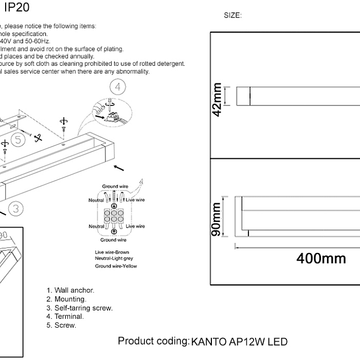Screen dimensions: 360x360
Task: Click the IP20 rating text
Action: (x=16, y=7)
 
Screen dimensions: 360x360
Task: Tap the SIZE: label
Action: (x=232, y=16)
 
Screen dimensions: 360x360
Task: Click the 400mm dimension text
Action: (x=321, y=258)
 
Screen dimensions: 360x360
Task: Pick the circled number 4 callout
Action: (x=118, y=87)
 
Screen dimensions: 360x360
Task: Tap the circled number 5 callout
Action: (x=18, y=139)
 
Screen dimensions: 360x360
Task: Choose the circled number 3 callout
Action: (x=16, y=208)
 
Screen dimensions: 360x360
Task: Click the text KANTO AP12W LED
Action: (x=239, y=342)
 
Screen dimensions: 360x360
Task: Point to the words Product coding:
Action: (x=153, y=341)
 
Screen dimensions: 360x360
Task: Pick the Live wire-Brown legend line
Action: (x=112, y=253)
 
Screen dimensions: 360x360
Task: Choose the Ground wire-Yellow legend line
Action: (x=116, y=266)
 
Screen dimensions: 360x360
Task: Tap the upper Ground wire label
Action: (x=115, y=186)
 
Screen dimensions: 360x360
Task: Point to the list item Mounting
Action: (x=66, y=299)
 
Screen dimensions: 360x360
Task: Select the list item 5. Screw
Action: (x=61, y=326)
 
